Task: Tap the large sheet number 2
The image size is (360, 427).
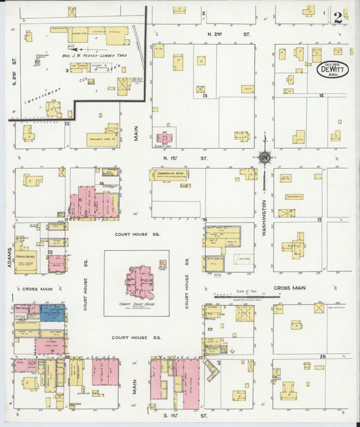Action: [x=338, y=16]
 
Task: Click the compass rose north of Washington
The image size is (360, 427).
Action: [x=264, y=157]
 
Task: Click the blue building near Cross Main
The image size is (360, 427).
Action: [x=53, y=311]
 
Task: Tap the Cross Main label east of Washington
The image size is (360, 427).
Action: [x=290, y=288]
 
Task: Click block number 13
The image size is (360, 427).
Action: [x=204, y=96]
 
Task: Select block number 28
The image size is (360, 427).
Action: [x=323, y=356]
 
